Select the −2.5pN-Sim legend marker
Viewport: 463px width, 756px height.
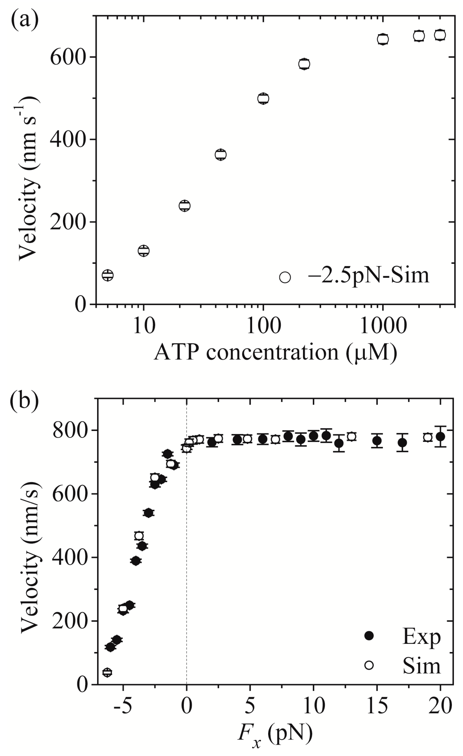point(285,277)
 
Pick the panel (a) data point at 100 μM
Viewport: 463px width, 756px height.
point(263,98)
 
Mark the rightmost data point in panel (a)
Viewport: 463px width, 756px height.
point(440,35)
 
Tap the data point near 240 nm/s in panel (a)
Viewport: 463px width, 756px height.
point(184,206)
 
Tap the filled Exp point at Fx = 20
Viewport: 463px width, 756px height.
point(440,436)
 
